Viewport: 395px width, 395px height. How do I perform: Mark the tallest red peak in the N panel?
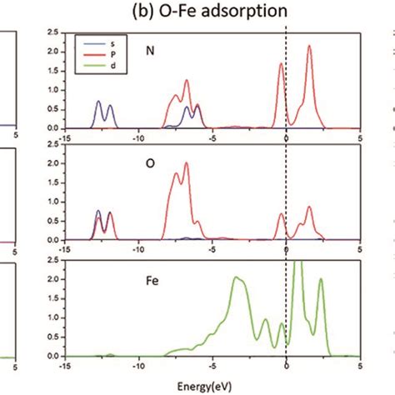309,47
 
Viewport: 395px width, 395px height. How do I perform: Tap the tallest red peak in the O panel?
186,164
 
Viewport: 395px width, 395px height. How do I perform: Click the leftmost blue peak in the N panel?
98,102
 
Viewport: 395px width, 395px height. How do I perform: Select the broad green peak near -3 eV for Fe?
239,278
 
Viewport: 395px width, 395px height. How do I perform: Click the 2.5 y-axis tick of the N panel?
52,32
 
